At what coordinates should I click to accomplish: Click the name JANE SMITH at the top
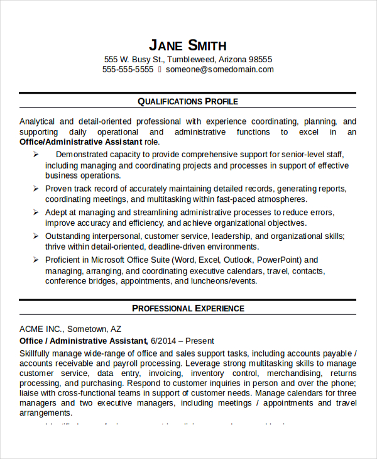tap(188, 45)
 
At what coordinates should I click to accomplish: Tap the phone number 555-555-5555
tap(128, 70)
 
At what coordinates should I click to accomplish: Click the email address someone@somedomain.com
tap(220, 70)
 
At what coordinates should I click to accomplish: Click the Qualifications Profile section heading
tap(188, 101)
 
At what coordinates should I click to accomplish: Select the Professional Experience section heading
tap(188, 308)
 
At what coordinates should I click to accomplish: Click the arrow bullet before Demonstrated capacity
tap(36, 154)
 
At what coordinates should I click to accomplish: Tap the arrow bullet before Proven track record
tap(36, 188)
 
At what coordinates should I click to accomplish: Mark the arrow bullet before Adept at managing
tap(36, 213)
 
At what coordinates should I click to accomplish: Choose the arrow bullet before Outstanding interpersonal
tap(36, 236)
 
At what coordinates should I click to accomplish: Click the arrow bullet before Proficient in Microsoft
tap(36, 260)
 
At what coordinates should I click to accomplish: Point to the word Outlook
tap(238, 260)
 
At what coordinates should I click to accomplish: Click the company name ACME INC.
tap(40, 329)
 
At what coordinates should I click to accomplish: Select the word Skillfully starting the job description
tap(38, 353)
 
